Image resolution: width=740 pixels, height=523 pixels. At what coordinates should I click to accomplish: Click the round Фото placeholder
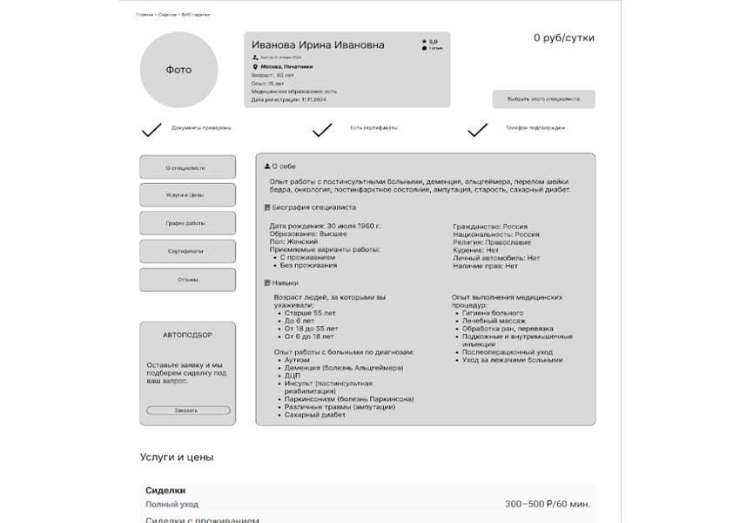point(178,70)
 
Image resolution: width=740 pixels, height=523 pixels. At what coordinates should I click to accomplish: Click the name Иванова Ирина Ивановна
point(318,44)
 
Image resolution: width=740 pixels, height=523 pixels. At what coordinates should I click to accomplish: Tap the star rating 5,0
point(432,41)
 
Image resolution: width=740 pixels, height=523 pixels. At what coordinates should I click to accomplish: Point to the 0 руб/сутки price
point(564,37)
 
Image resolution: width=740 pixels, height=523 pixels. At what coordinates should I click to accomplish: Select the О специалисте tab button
point(187,167)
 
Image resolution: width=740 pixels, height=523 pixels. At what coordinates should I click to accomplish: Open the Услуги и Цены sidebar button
point(187,195)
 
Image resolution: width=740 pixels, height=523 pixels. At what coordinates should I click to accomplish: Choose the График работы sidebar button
point(187,223)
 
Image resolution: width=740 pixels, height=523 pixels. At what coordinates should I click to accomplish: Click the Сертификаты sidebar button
point(187,251)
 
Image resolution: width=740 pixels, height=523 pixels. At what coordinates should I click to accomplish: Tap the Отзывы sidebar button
point(187,280)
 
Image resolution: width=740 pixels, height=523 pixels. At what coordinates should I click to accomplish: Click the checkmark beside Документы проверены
point(151,130)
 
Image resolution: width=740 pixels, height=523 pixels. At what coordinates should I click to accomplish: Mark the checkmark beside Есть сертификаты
point(322,130)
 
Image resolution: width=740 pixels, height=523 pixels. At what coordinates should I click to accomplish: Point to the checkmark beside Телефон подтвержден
point(477,130)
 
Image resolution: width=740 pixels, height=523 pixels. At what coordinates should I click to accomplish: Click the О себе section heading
point(284,166)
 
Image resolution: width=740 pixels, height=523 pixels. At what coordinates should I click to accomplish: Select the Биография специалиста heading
point(313,207)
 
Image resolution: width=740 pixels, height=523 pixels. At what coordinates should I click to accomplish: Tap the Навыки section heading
point(285,283)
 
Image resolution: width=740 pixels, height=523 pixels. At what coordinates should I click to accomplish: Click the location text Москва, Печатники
point(286,66)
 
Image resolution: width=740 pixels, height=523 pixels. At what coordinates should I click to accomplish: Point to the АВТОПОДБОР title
point(187,335)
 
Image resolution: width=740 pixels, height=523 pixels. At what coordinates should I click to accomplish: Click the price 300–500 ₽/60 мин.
point(548,504)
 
